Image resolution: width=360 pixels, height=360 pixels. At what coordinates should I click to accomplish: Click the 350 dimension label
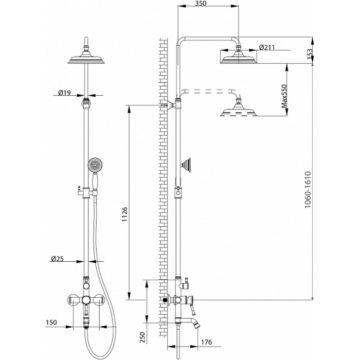200,4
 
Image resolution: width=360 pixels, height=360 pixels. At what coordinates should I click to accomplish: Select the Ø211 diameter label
267,47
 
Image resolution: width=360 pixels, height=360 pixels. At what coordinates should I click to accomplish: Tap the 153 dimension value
310,55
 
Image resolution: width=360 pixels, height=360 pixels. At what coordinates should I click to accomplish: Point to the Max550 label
284,96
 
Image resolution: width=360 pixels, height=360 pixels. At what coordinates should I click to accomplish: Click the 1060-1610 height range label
308,190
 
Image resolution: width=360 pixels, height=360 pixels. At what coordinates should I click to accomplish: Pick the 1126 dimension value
124,214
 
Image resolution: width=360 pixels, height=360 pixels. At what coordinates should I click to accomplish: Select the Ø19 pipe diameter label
64,93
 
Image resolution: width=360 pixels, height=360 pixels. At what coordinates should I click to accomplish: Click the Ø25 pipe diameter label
57,259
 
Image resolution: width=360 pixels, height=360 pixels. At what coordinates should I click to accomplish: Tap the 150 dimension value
51,322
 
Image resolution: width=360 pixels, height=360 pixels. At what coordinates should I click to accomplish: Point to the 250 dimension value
142,337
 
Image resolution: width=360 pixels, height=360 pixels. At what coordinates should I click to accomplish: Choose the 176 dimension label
206,342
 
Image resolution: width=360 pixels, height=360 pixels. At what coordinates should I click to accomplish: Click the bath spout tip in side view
197,325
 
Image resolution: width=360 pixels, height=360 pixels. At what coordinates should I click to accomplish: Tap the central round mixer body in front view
86,300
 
